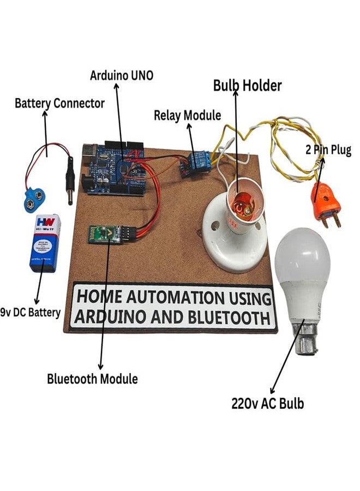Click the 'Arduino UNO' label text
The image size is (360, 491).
[121, 75]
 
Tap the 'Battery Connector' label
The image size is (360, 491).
[59, 103]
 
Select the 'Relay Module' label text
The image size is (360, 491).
[187, 115]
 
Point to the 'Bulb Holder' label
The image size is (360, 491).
[247, 86]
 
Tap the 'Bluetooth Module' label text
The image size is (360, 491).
[92, 378]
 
